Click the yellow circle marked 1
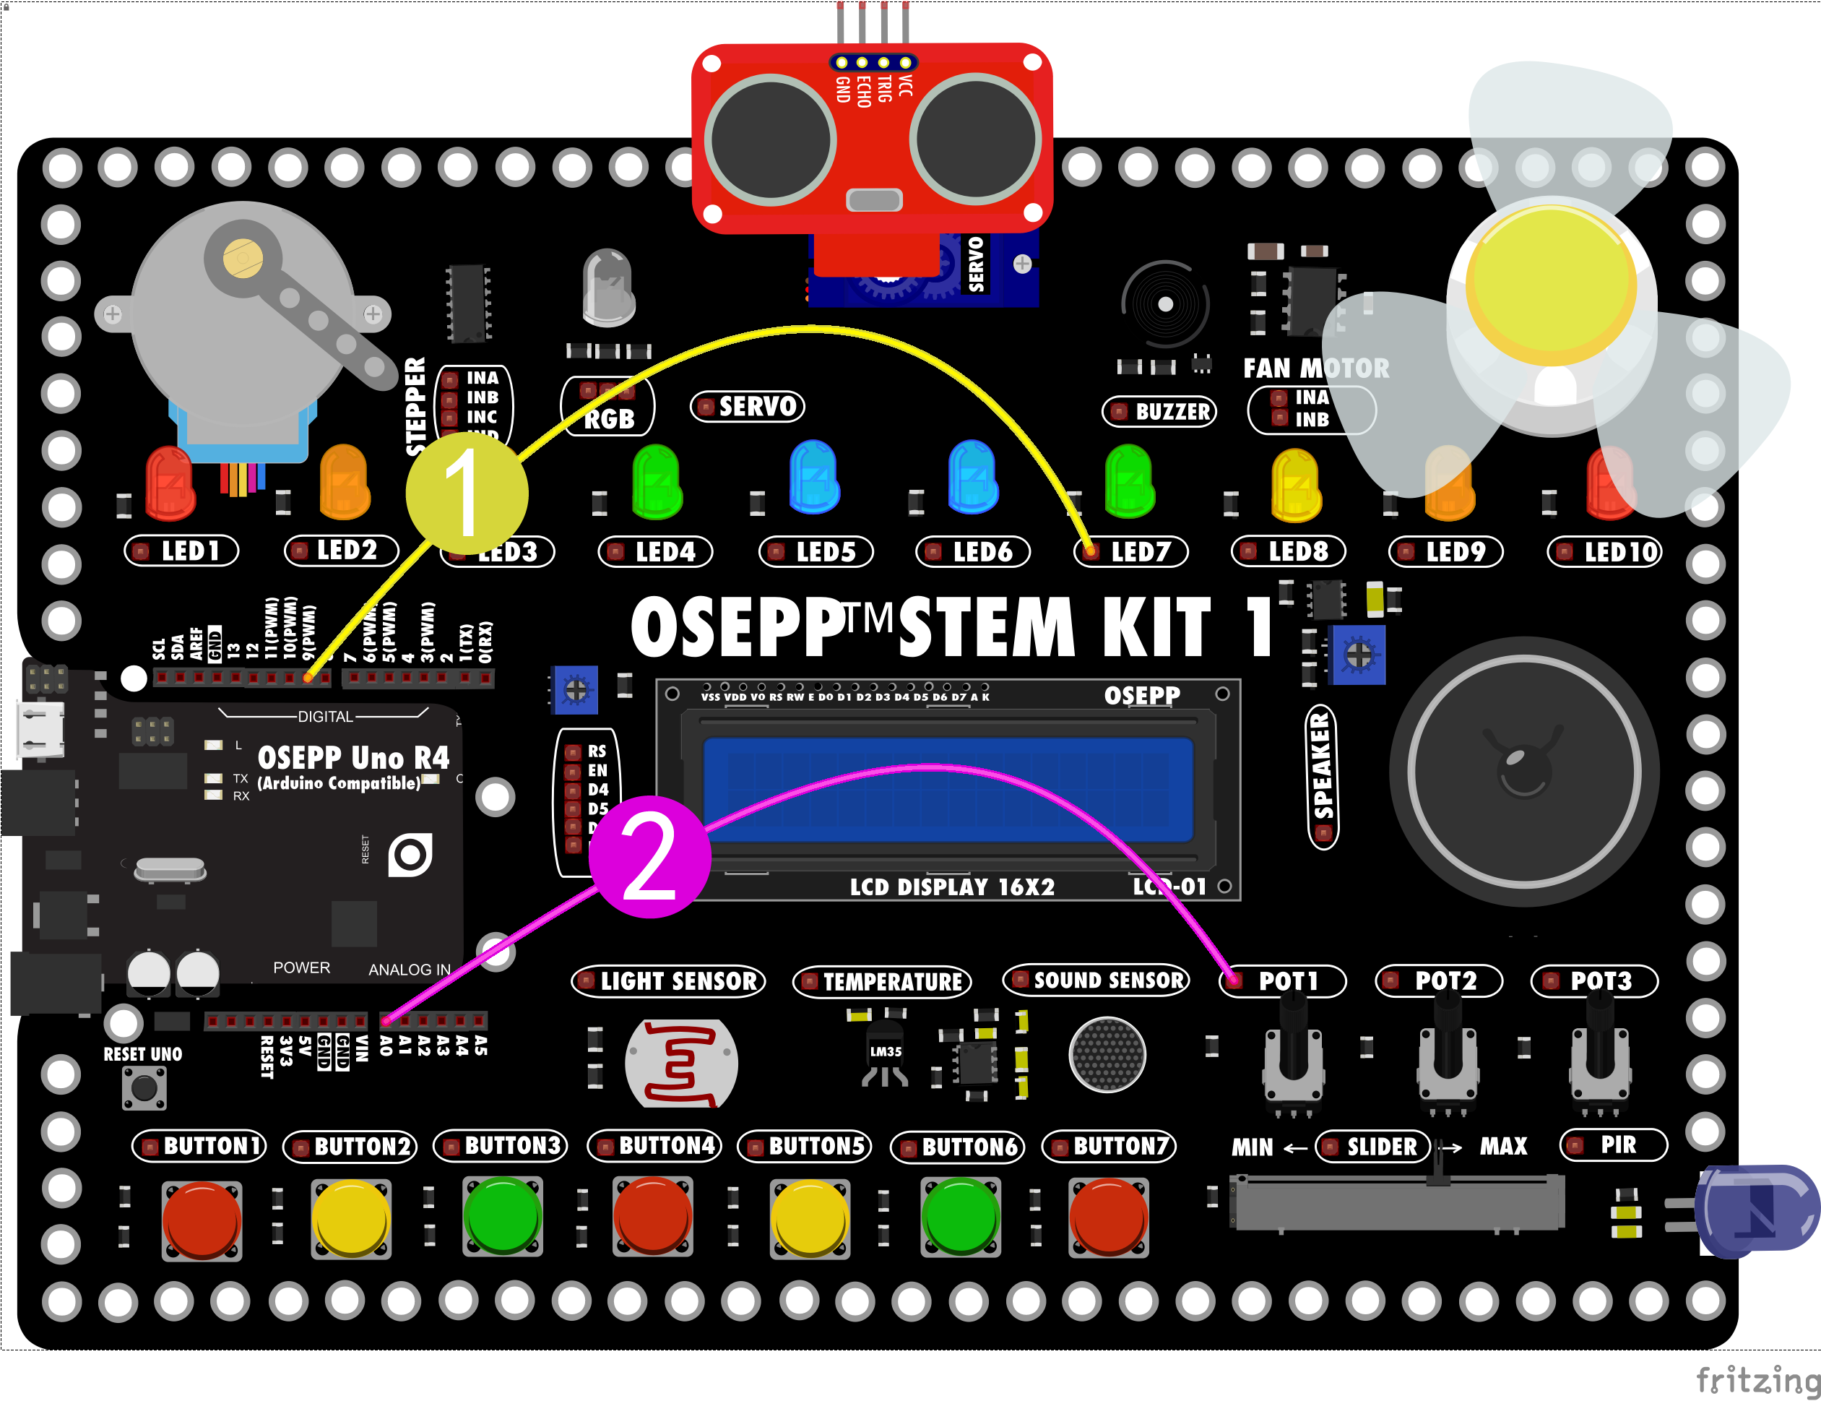(x=467, y=493)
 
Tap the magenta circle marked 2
(x=649, y=857)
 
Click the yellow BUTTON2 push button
(x=351, y=1217)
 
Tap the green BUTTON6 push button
(x=961, y=1217)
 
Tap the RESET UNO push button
(x=144, y=1087)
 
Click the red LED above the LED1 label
(x=169, y=482)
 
